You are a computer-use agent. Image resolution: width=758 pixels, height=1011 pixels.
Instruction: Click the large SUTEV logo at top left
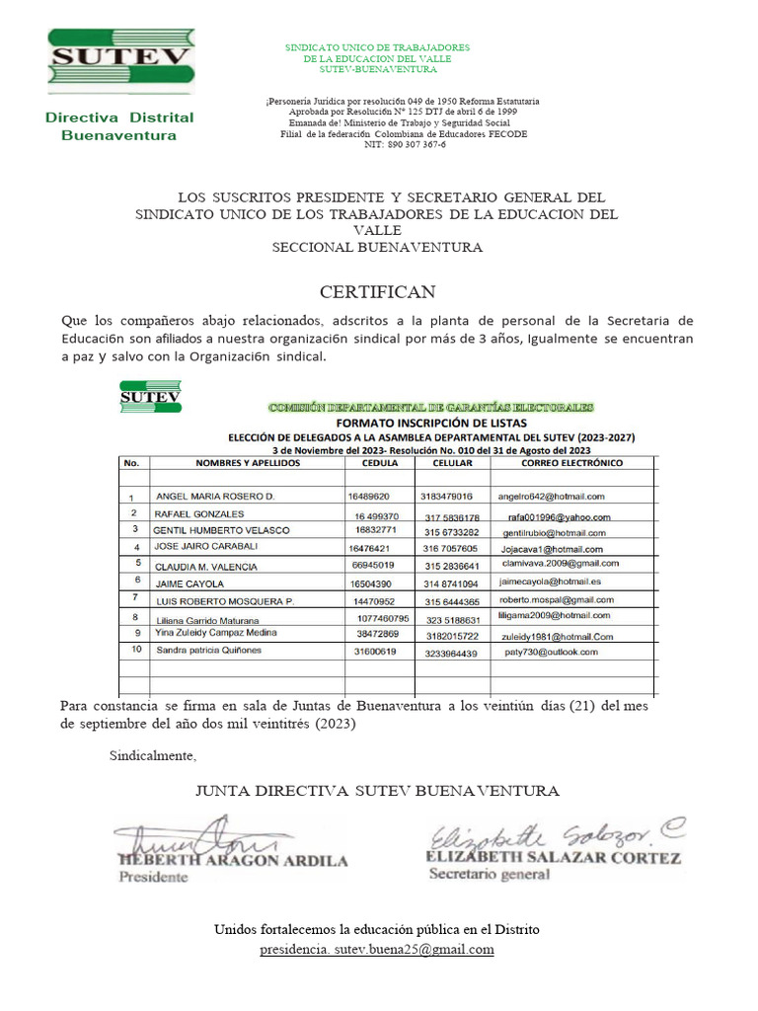tap(119, 60)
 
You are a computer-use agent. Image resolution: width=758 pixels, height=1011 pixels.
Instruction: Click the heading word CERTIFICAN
tap(377, 292)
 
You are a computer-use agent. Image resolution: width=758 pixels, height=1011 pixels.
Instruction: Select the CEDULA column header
tap(380, 462)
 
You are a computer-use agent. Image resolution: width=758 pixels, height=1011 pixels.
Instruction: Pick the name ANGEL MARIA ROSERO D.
tap(215, 497)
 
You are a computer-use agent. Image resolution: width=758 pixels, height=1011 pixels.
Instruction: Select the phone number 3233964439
tap(448, 653)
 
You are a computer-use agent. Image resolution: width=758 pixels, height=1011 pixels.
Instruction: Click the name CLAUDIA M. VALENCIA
tap(205, 567)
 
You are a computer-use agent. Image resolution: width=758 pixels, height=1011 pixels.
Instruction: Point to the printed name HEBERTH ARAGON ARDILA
tap(233, 860)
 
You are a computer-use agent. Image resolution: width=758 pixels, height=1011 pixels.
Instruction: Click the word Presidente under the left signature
tap(153, 878)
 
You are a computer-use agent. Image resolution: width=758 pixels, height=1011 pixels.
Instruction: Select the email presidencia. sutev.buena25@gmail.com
tap(376, 949)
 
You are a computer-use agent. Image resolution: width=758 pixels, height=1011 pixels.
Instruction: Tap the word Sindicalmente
tap(152, 756)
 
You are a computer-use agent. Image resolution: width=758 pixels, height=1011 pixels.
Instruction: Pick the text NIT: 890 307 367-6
tap(405, 144)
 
